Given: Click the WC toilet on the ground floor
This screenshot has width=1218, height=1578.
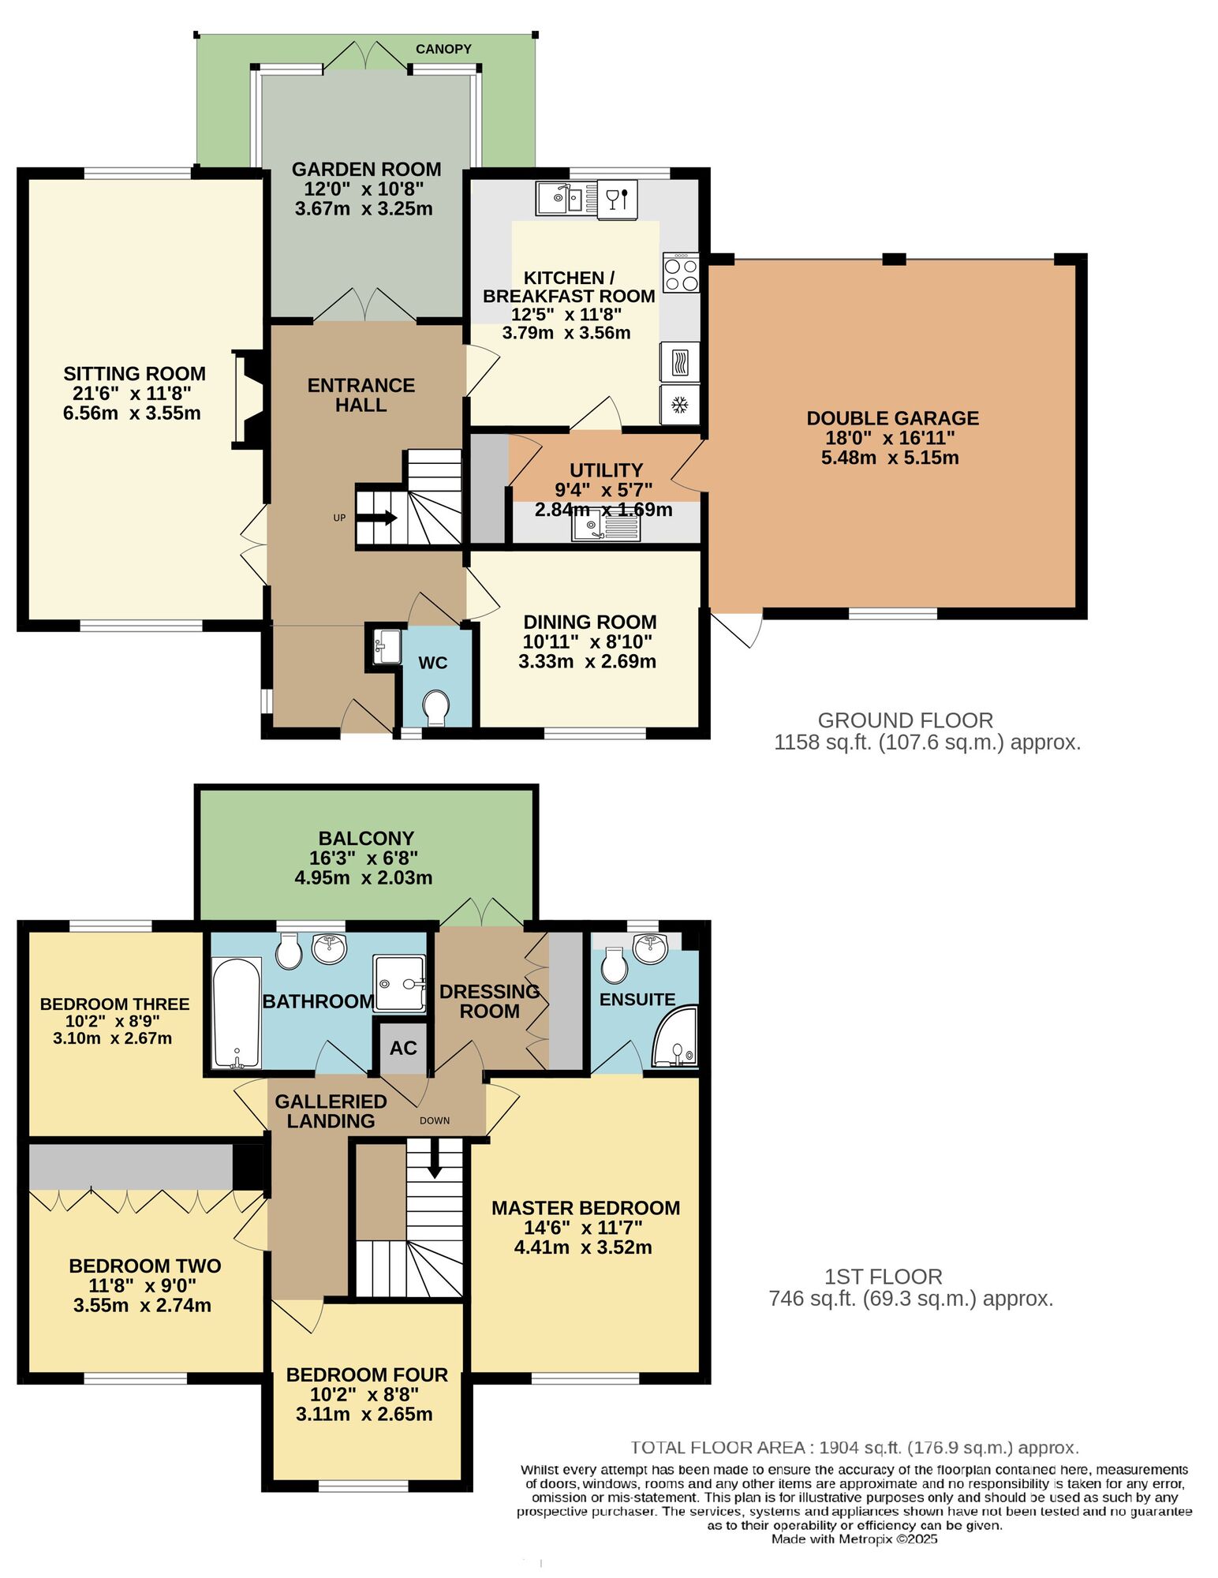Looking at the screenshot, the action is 435,707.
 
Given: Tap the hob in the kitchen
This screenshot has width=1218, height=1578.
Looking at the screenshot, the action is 681,272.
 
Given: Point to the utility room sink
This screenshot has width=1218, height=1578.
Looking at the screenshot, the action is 606,528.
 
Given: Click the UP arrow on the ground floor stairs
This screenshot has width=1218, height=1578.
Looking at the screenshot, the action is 377,518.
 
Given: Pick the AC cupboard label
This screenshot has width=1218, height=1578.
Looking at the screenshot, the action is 403,1048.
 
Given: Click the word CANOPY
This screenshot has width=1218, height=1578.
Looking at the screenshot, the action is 443,49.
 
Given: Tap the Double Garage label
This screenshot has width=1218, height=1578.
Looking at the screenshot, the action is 892,418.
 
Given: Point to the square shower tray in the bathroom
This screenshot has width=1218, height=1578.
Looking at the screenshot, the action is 400,984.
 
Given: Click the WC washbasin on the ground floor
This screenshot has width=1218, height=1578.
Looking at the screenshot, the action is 387,646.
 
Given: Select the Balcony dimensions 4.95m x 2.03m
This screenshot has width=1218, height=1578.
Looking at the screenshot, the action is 364,877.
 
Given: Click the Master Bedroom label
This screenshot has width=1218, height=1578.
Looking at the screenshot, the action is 585,1208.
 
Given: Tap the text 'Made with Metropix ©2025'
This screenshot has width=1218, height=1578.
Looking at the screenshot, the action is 854,1539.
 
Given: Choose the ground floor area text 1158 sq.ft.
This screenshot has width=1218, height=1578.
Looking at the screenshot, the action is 824,742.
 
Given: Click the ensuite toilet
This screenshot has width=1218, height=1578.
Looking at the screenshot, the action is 615,963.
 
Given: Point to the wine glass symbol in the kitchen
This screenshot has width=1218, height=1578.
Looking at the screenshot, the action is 618,198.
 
